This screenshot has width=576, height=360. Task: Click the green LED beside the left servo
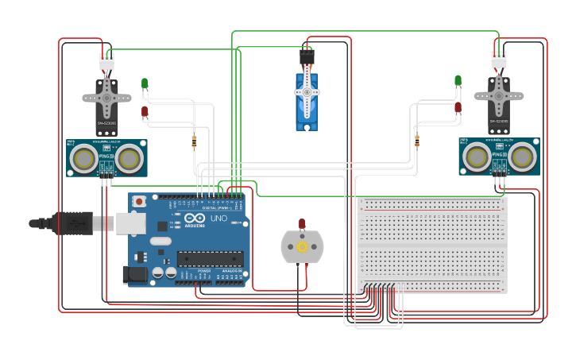(x=145, y=83)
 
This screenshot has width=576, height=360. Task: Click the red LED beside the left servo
(x=145, y=112)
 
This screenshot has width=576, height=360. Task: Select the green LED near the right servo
(x=458, y=80)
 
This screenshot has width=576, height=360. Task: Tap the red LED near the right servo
(x=458, y=107)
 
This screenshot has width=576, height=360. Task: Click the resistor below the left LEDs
(x=195, y=141)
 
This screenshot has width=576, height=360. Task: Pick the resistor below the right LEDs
(x=416, y=141)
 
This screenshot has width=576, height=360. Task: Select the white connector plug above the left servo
(x=106, y=61)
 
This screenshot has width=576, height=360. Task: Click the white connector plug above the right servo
(x=498, y=60)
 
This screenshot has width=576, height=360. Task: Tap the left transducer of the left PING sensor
(x=83, y=159)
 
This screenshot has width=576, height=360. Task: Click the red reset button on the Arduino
(x=140, y=202)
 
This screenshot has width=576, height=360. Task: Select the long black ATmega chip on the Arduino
(x=210, y=257)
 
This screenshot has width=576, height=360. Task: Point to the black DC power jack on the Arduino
(x=135, y=275)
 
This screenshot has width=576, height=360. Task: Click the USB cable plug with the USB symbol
(x=76, y=224)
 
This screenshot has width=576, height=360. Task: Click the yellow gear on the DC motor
(x=302, y=247)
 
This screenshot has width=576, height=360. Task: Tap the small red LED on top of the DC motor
(x=302, y=224)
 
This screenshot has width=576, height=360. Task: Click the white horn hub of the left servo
(x=106, y=96)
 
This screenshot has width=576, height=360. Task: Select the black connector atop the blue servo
(x=307, y=57)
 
